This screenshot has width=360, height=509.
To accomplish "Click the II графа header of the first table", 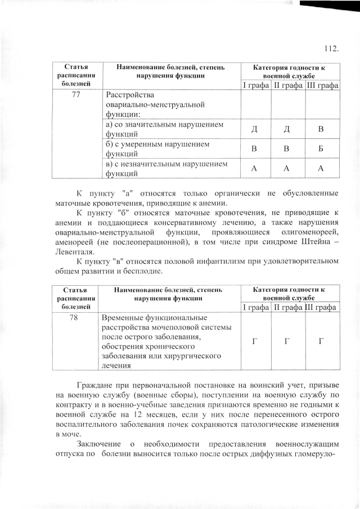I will [288, 85].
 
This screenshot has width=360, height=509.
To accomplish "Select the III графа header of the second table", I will [321, 307].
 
